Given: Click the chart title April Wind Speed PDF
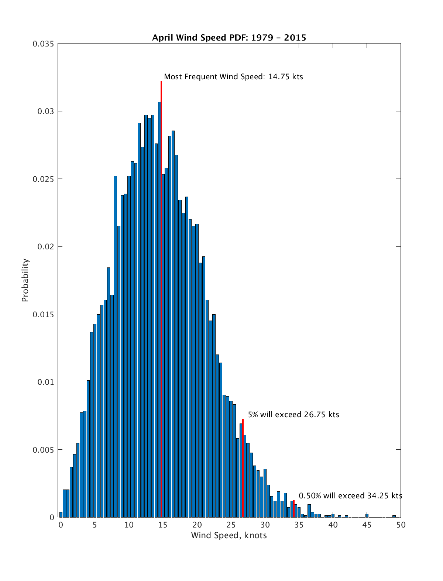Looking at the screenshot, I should pyautogui.click(x=229, y=38).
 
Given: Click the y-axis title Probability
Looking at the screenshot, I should pyautogui.click(x=25, y=280).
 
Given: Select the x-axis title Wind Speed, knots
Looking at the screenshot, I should pyautogui.click(x=229, y=535).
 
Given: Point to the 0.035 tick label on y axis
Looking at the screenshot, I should pyautogui.click(x=43, y=44).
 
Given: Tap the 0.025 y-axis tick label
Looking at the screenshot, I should pyautogui.click(x=43, y=179).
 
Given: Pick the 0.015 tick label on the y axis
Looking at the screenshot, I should pyautogui.click(x=43, y=314).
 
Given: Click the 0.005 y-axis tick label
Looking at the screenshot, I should pyautogui.click(x=43, y=450).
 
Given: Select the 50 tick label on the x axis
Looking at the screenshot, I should pyautogui.click(x=401, y=525).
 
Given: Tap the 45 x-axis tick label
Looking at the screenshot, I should pyautogui.click(x=367, y=525).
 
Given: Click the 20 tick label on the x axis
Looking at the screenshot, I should pyautogui.click(x=197, y=525).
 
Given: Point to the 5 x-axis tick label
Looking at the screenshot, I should pyautogui.click(x=95, y=525).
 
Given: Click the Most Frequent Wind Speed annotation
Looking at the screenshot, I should pyautogui.click(x=233, y=77).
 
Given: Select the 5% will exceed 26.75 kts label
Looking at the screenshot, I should pyautogui.click(x=293, y=415).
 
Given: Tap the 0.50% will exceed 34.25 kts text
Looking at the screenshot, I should pyautogui.click(x=350, y=496).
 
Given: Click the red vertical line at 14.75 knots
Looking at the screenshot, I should pyautogui.click(x=161, y=295).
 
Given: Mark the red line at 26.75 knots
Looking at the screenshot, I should pyautogui.click(x=243, y=468).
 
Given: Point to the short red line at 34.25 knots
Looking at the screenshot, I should pyautogui.click(x=294, y=509).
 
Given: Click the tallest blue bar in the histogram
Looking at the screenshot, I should pyautogui.click(x=159, y=310).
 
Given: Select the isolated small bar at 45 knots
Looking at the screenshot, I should pyautogui.click(x=367, y=515).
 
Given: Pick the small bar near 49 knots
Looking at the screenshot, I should pyautogui.click(x=394, y=516).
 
